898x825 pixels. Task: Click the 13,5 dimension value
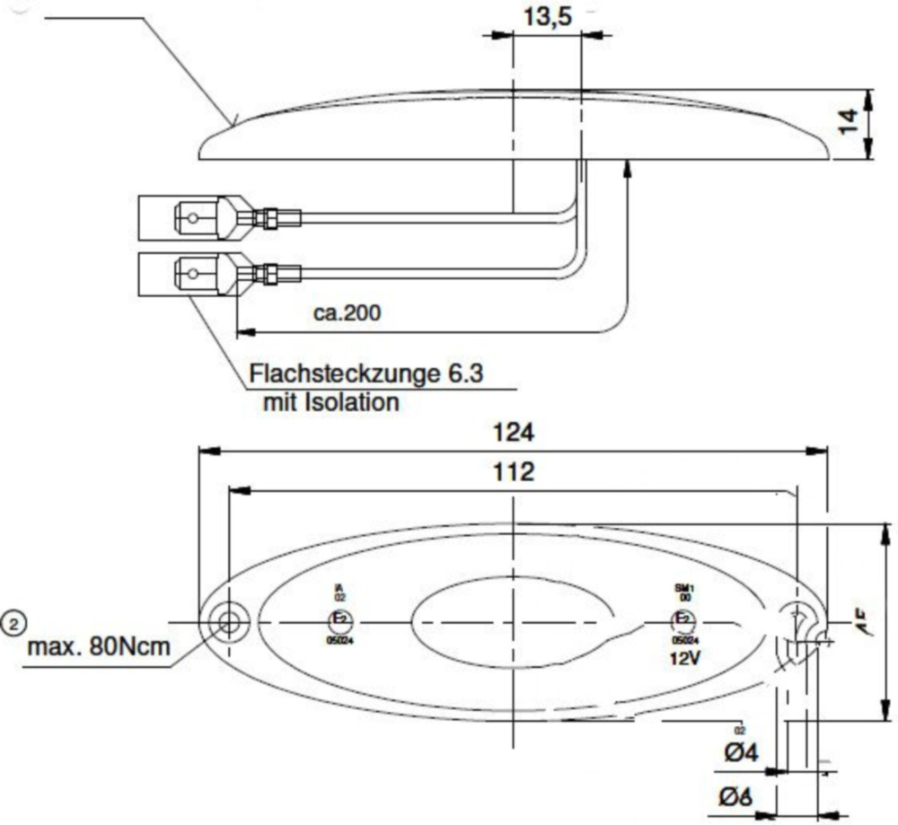coord(547,17)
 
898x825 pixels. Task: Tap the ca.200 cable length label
coord(348,312)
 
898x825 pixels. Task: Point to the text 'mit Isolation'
coord(330,402)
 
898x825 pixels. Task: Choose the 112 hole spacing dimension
coord(514,472)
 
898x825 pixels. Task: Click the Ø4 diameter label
coord(741,753)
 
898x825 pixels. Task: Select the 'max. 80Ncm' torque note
coord(99,646)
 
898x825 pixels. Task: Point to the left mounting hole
coord(226,622)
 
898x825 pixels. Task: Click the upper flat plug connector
coord(193,216)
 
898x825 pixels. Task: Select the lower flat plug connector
coord(193,271)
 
